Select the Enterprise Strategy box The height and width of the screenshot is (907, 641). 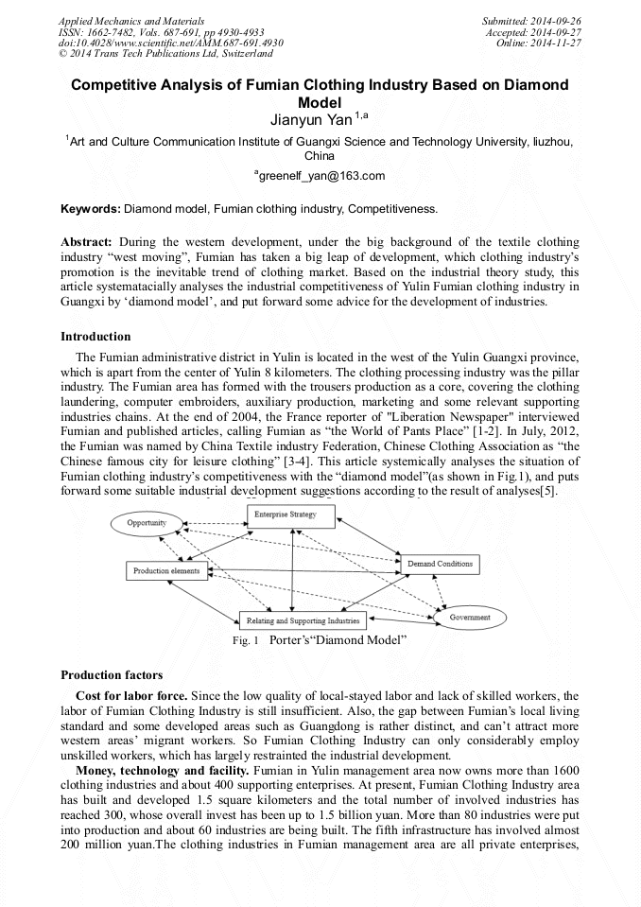pos(285,515)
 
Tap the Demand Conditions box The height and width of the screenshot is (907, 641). pos(440,565)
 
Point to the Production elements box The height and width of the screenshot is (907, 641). pos(166,571)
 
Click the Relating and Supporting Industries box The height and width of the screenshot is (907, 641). pos(302,620)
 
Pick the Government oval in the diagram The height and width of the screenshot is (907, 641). pos(470,618)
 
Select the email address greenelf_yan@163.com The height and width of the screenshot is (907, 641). pos(320,176)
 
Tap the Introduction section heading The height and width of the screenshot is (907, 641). pos(95,337)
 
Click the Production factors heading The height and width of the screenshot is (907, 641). pos(112,675)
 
